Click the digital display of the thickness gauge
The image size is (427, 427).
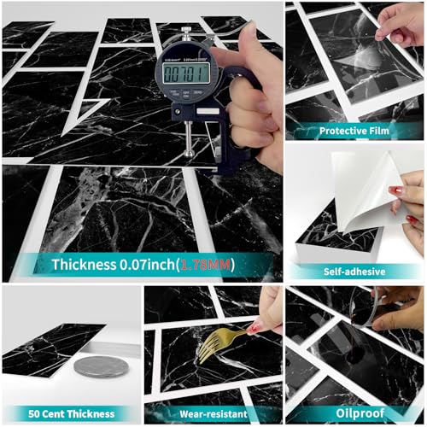[x=186, y=74]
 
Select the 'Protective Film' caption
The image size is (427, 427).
[x=354, y=131]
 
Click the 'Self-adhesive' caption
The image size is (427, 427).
[x=354, y=272]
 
